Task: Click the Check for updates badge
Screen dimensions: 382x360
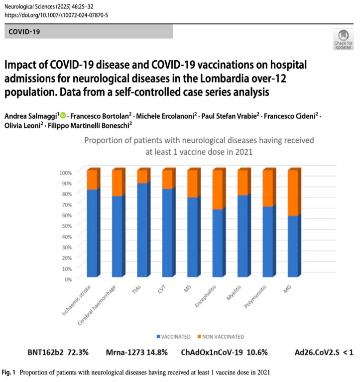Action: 343,39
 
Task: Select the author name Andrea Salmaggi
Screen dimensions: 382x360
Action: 31,116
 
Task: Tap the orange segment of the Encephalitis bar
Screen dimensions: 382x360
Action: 217,189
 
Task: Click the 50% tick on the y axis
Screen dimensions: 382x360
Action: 66,225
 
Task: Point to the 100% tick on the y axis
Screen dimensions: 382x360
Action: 65,173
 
